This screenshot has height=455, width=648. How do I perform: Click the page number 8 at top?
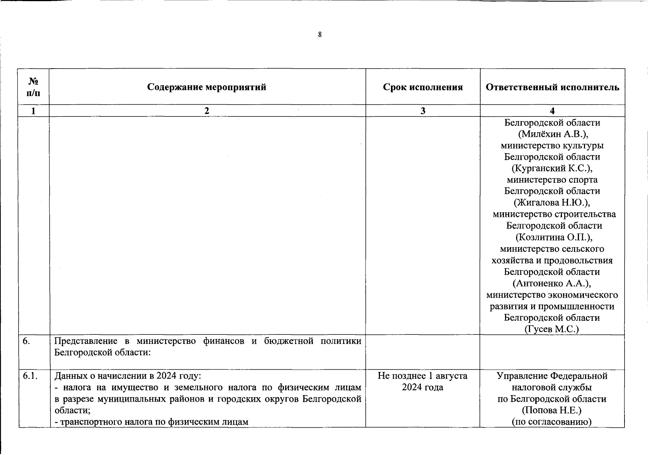[320, 35]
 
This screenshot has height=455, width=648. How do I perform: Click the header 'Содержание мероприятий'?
[207, 87]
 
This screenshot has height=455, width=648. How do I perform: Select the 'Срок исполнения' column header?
[423, 87]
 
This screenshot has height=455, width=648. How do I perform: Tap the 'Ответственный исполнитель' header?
[552, 87]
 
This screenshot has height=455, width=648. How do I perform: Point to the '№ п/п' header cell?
[34, 87]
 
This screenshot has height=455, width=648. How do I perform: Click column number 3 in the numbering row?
[423, 111]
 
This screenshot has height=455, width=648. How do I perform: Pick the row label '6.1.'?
[30, 376]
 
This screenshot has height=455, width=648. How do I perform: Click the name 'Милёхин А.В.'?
[552, 134]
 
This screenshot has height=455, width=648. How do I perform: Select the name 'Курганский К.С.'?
[552, 168]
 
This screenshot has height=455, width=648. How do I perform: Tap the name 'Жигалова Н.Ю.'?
[552, 202]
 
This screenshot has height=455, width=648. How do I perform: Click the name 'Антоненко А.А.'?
[552, 283]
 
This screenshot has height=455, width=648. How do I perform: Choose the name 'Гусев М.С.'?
[552, 329]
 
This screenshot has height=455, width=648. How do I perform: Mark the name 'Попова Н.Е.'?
[552, 410]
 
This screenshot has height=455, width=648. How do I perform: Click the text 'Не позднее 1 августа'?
[422, 376]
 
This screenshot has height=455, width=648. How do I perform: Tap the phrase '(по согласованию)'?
[552, 422]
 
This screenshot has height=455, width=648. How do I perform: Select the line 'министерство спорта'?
[552, 179]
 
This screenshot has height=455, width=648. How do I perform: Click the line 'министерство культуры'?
[552, 146]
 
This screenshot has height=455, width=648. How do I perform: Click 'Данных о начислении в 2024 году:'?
[128, 376]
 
